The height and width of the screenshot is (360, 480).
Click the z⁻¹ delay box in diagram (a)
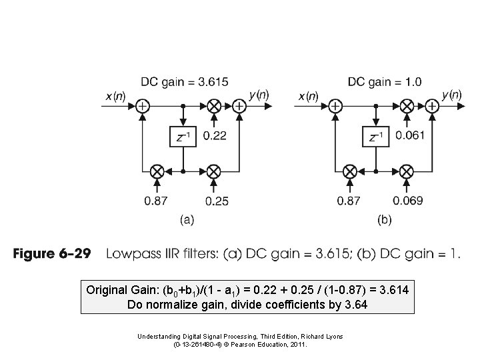click(x=183, y=137)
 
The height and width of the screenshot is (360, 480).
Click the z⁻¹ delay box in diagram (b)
click(x=377, y=137)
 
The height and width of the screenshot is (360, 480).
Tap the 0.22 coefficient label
click(x=214, y=135)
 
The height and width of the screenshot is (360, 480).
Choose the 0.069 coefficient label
click(x=408, y=200)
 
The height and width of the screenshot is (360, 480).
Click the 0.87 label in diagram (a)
click(x=157, y=200)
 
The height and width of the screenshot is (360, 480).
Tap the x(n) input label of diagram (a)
click(x=115, y=96)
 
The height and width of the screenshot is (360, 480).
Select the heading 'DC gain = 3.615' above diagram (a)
click(x=184, y=82)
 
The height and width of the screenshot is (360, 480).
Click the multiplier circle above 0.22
click(x=213, y=105)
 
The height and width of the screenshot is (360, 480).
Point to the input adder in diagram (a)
click(x=142, y=105)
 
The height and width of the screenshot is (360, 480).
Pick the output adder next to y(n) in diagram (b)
click(x=432, y=105)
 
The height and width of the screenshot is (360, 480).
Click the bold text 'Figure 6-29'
click(x=58, y=255)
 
